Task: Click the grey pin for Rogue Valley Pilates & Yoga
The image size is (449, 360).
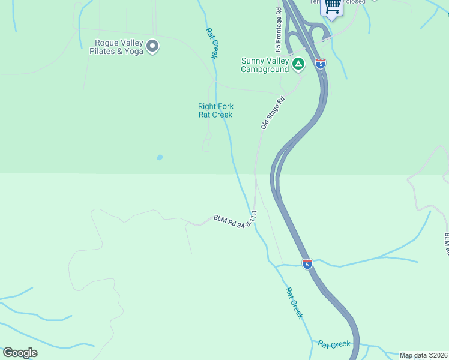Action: tap(152, 46)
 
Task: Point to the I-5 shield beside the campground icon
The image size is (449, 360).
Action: tap(321, 64)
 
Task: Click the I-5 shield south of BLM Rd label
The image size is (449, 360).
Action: tap(307, 263)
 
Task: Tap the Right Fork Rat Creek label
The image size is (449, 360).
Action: tap(215, 110)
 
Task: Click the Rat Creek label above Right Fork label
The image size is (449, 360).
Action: tap(211, 43)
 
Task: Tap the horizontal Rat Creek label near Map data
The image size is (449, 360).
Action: tap(334, 344)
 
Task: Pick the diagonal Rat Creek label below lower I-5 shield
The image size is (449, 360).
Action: tap(294, 303)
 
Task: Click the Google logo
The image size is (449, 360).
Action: tap(20, 353)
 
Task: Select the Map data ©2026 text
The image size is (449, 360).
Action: tap(423, 355)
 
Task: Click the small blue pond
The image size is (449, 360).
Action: tap(160, 157)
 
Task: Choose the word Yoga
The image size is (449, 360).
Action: tap(134, 52)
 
